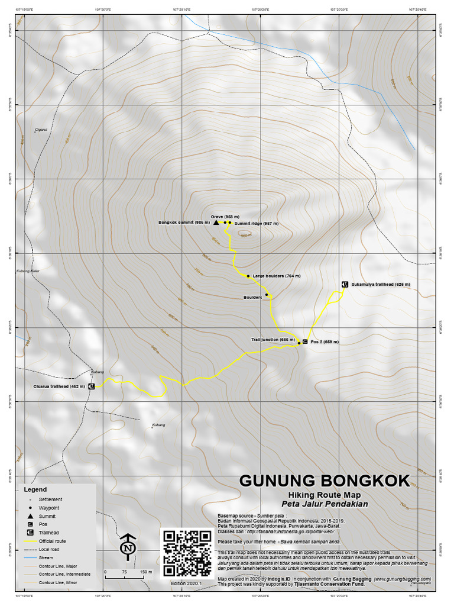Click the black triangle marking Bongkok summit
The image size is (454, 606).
[216, 223]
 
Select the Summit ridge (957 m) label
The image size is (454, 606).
[256, 224]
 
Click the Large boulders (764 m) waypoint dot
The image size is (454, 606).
[248, 276]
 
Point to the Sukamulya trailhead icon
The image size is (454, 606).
[343, 285]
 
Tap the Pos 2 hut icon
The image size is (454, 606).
[304, 341]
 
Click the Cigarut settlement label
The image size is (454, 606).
[41, 128]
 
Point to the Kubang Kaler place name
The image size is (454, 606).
[27, 272]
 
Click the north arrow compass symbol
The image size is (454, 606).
[127, 547]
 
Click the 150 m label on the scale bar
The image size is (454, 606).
[145, 572]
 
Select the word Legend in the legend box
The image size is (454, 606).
[35, 490]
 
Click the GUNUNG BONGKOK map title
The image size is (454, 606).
[324, 481]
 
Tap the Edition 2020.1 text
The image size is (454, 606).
[187, 584]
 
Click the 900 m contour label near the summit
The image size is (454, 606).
[245, 236]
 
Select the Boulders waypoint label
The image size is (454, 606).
[252, 296]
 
